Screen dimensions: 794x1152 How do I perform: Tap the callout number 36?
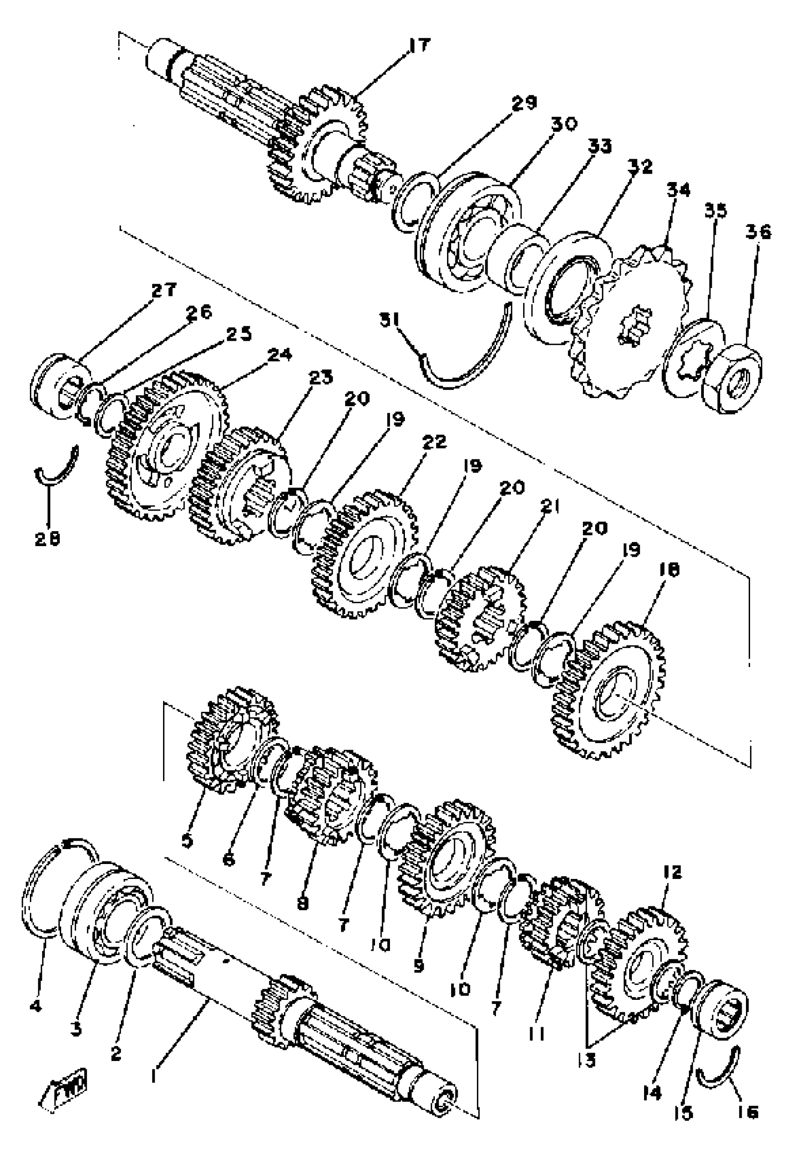pos(758,232)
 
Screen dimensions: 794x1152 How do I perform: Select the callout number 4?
pos(36,1006)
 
